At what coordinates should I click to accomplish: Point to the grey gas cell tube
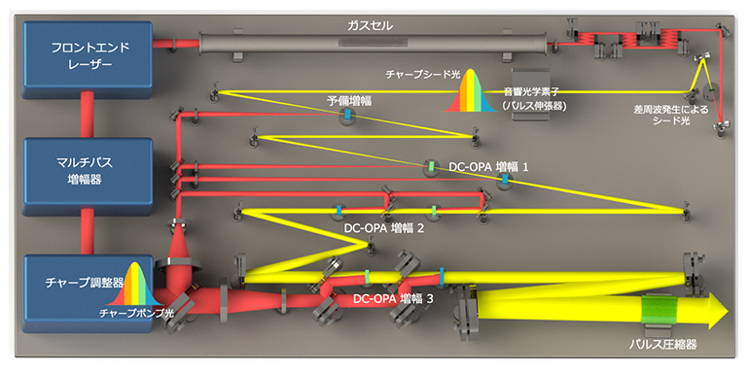tap(370, 44)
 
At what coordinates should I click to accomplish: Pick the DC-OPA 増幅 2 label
tap(382, 229)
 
